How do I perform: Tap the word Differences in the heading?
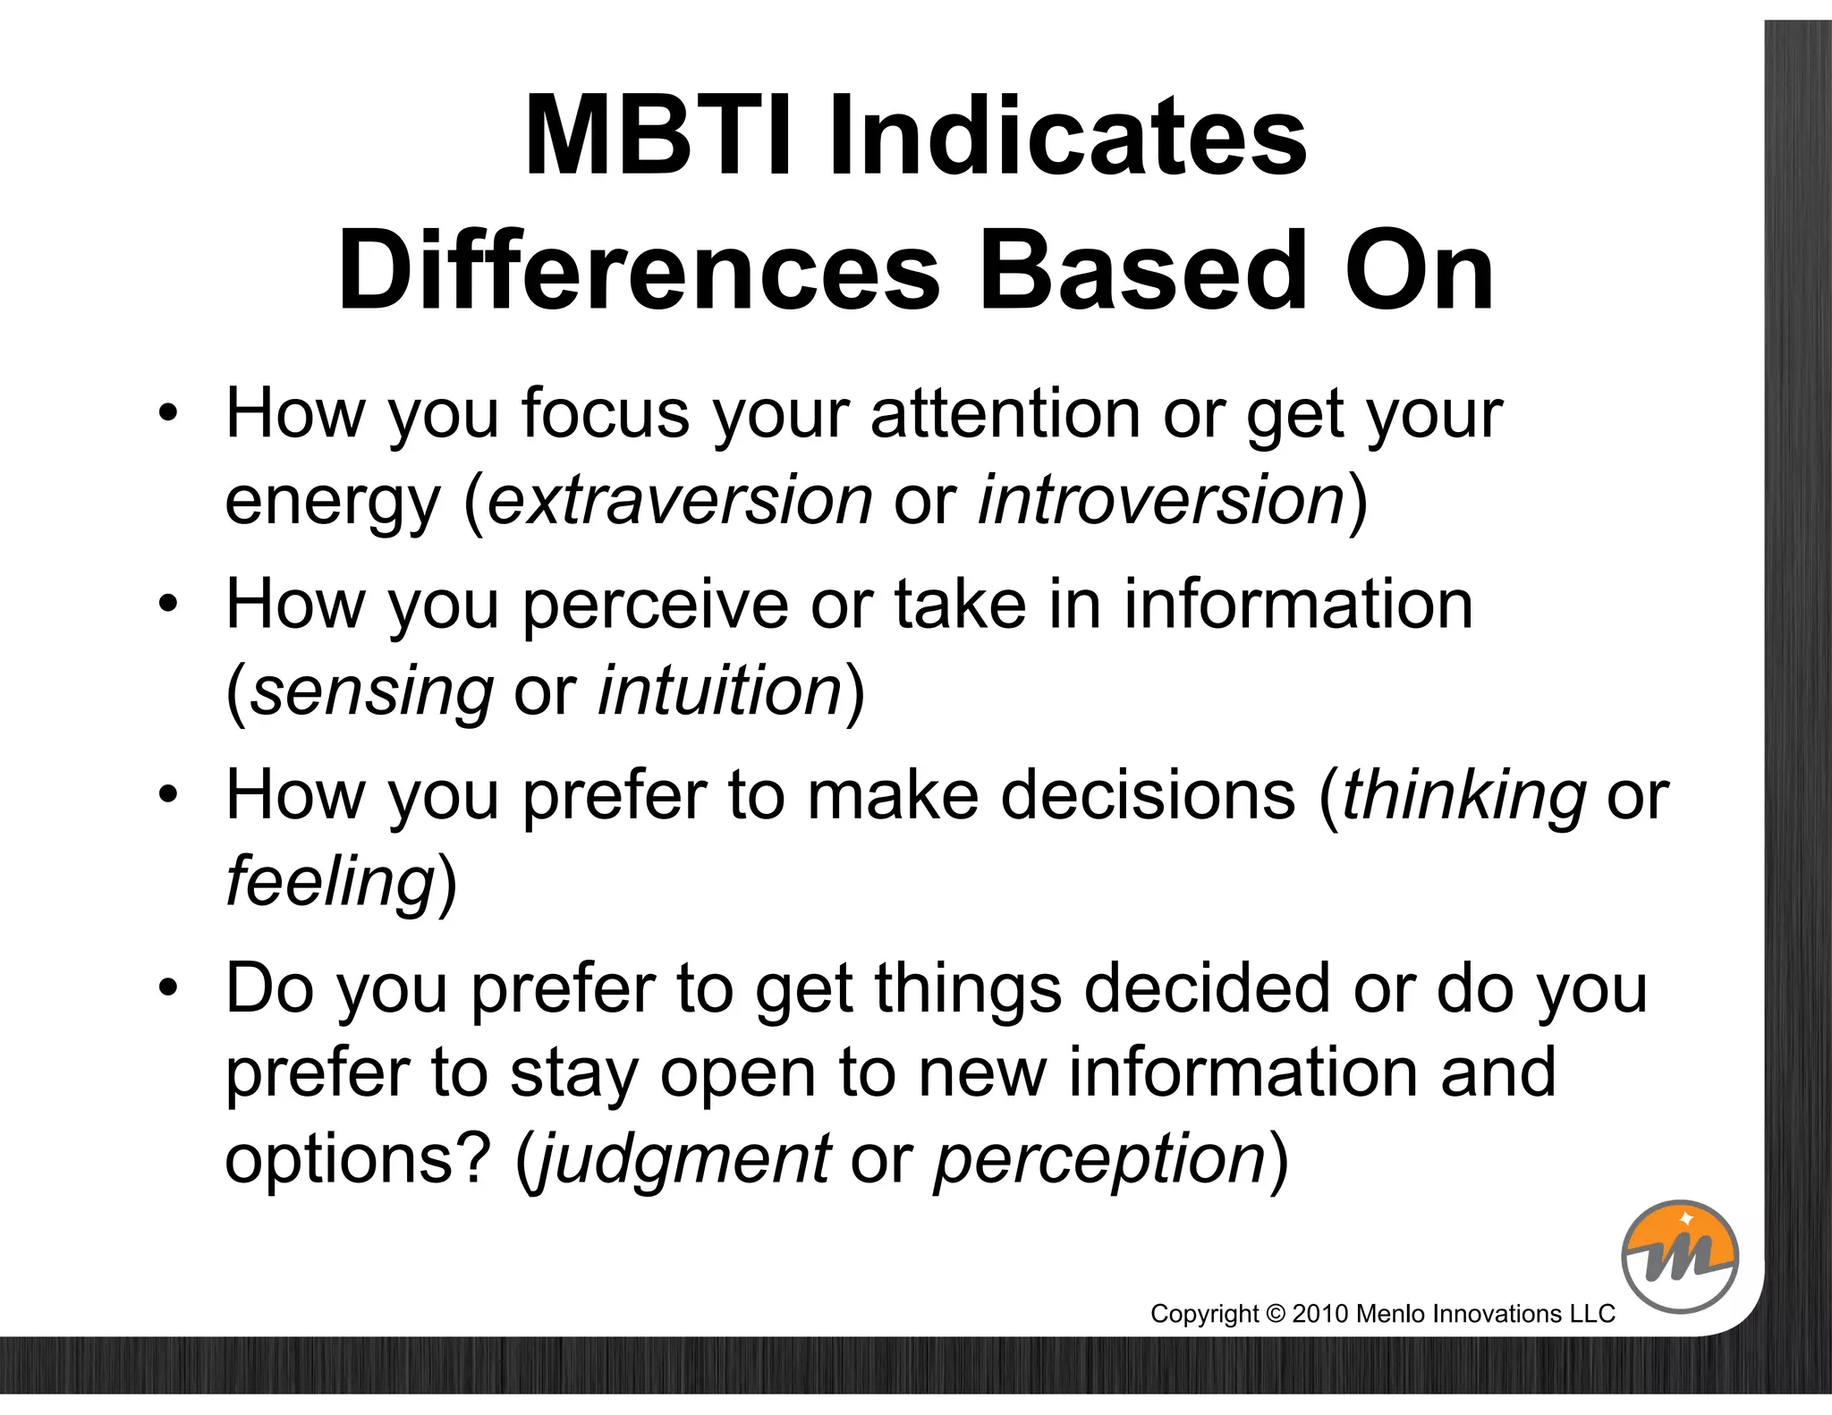coord(639,270)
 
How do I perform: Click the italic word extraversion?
coord(680,500)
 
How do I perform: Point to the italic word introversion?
coord(1162,500)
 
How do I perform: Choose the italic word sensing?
coord(371,691)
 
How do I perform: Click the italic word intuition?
coord(720,691)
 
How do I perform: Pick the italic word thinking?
coord(1463,795)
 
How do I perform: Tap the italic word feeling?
coord(330,881)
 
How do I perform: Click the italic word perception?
coord(1099,1159)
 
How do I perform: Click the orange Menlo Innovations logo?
coord(1680,1256)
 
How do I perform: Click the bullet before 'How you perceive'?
coord(167,606)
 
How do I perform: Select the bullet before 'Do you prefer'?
coord(167,989)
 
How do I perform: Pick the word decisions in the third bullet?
coord(1148,795)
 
